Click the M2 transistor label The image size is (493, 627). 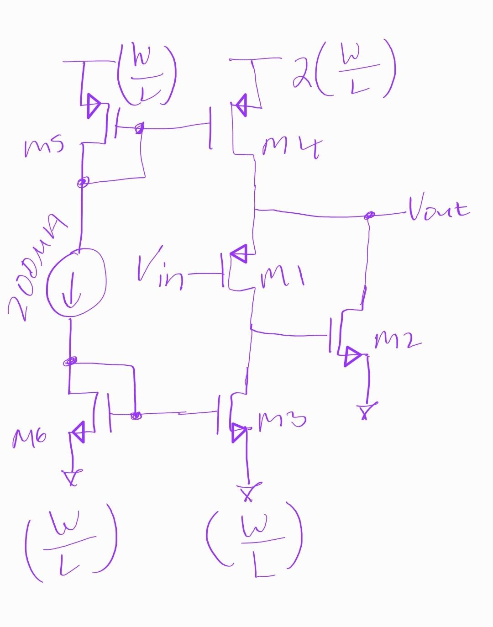click(x=397, y=340)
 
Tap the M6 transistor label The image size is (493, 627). click(x=28, y=438)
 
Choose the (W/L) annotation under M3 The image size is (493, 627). click(x=254, y=538)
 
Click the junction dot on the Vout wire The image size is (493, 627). click(x=370, y=215)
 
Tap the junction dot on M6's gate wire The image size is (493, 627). click(x=135, y=416)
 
